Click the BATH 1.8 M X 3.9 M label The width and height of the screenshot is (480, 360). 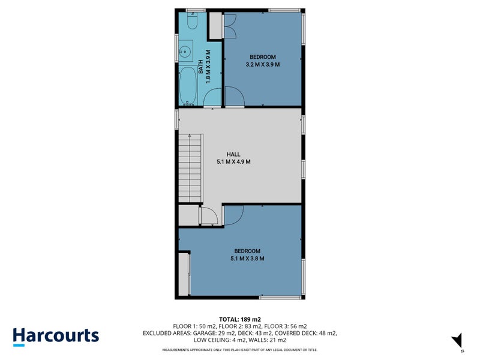[204, 66]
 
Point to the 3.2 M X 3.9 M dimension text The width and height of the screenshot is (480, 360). [263, 64]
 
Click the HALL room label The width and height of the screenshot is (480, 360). [233, 154]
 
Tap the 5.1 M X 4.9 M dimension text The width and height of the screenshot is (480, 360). [233, 161]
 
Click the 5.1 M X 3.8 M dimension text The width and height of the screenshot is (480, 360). [247, 259]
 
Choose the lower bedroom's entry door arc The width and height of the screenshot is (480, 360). [233, 215]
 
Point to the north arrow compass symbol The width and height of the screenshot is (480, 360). [457, 340]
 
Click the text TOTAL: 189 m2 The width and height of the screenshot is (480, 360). [239, 319]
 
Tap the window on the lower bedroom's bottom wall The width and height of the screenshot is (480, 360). [280, 297]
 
